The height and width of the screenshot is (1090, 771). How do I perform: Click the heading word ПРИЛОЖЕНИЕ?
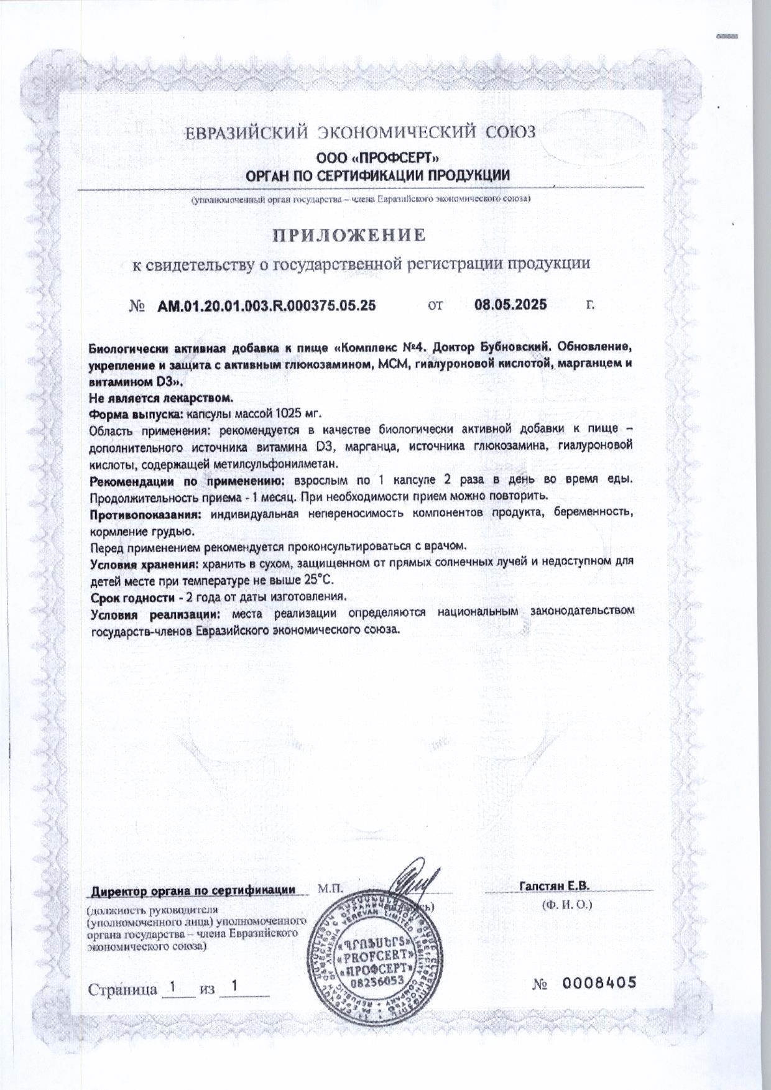tap(350, 236)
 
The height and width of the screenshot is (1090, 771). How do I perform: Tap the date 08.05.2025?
tap(510, 305)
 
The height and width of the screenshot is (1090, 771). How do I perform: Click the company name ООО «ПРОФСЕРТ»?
tap(379, 159)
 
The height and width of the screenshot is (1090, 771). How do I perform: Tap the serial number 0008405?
tap(599, 982)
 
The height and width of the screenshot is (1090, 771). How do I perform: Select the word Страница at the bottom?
tap(122, 989)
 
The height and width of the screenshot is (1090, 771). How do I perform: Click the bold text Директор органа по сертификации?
tap(194, 890)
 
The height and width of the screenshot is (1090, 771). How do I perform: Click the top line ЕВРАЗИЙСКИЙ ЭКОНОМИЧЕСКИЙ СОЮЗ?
tap(361, 132)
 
